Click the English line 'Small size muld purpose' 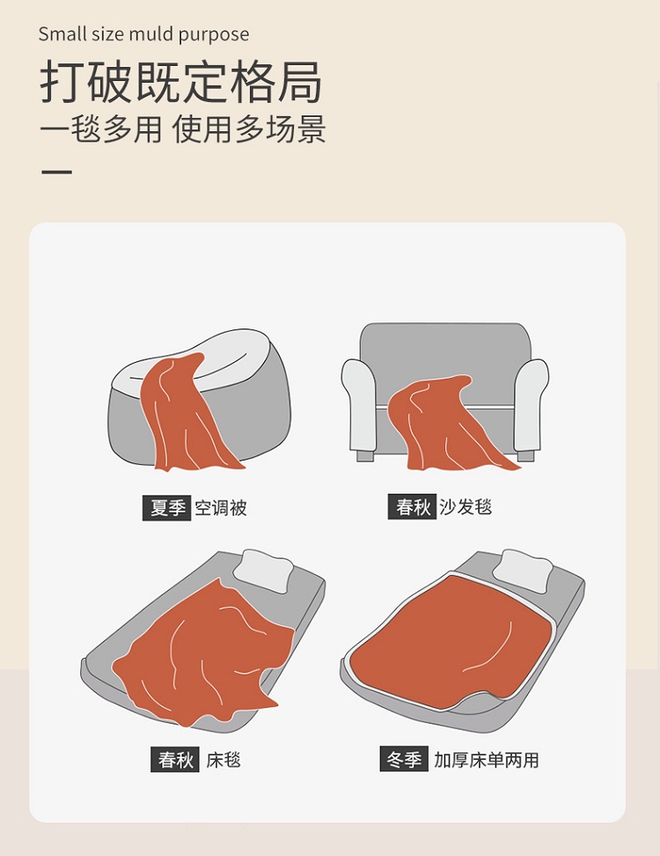click(x=143, y=34)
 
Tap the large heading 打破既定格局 click(x=181, y=83)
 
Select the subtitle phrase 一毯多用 click(x=101, y=129)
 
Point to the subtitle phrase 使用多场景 click(x=249, y=129)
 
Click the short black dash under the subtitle click(x=56, y=172)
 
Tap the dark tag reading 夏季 click(x=166, y=508)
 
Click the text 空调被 click(x=221, y=508)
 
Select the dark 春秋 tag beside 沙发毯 click(x=412, y=506)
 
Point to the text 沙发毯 click(x=466, y=506)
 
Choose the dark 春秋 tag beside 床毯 click(x=175, y=759)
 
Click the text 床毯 click(x=224, y=759)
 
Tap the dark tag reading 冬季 click(x=404, y=759)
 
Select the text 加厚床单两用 click(x=487, y=759)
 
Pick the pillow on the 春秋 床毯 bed click(x=264, y=571)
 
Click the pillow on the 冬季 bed click(x=523, y=571)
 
